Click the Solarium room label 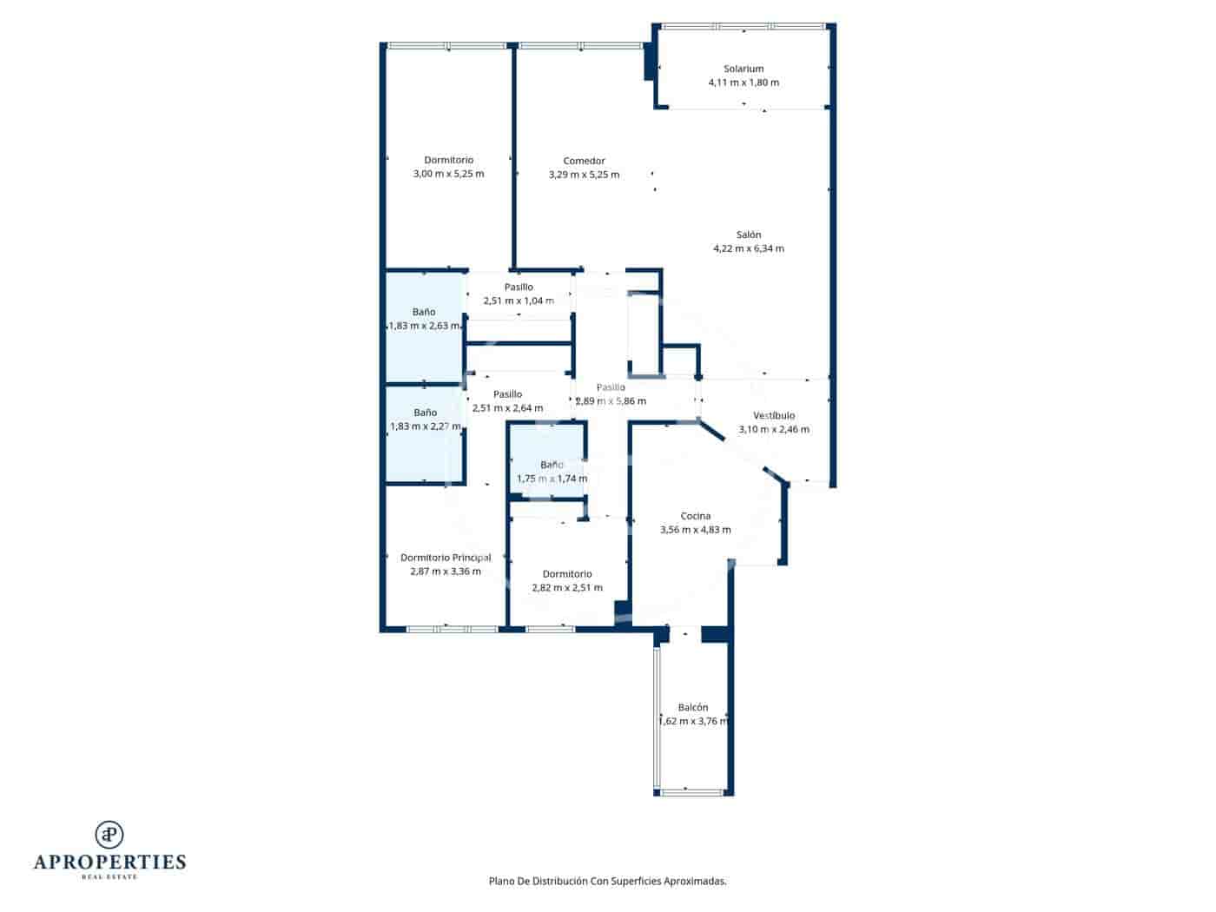[x=743, y=69]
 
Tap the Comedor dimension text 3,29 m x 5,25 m [x=584, y=175]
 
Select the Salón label [x=749, y=235]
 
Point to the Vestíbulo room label [x=773, y=415]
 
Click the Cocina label [x=695, y=516]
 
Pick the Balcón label [x=693, y=707]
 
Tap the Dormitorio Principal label [x=446, y=558]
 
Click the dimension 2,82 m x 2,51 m [x=567, y=588]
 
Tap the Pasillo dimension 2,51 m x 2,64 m [x=507, y=408]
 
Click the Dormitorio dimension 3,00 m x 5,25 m [x=448, y=174]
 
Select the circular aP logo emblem [x=109, y=835]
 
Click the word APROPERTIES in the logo [x=109, y=862]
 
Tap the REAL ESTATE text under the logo [x=109, y=877]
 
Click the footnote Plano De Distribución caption [x=607, y=881]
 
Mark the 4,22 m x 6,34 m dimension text [x=748, y=248]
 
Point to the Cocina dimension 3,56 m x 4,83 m [x=695, y=530]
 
